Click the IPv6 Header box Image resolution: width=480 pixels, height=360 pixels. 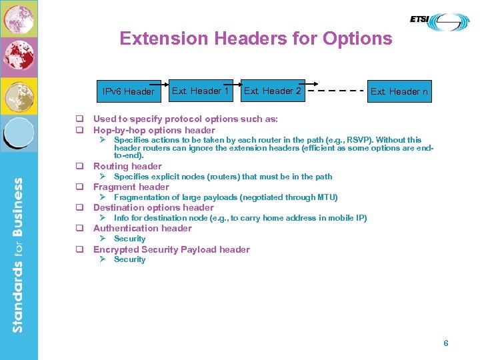pyautogui.click(x=129, y=91)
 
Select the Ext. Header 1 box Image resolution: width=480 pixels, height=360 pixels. pyautogui.click(x=201, y=91)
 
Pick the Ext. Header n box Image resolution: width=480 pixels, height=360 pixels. pyautogui.click(x=399, y=91)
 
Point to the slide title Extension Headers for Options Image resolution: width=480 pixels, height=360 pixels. pyautogui.click(x=256, y=39)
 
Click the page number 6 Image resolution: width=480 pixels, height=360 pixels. pyautogui.click(x=446, y=343)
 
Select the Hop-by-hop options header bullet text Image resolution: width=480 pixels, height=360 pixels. pyautogui.click(x=154, y=130)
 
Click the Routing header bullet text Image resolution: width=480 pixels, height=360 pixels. pyautogui.click(x=127, y=166)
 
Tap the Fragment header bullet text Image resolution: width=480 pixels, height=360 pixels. pyautogui.click(x=131, y=187)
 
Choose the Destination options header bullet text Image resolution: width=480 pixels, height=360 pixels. pyautogui.click(x=153, y=207)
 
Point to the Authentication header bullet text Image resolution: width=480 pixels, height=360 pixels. pyautogui.click(x=143, y=228)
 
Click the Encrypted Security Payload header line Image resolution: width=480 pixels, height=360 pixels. pyautogui.click(x=171, y=249)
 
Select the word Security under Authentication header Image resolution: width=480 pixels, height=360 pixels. pyautogui.click(x=129, y=239)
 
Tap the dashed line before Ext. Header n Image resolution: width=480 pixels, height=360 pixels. pyautogui.click(x=337, y=91)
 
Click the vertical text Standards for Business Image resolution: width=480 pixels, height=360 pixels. pyautogui.click(x=18, y=253)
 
